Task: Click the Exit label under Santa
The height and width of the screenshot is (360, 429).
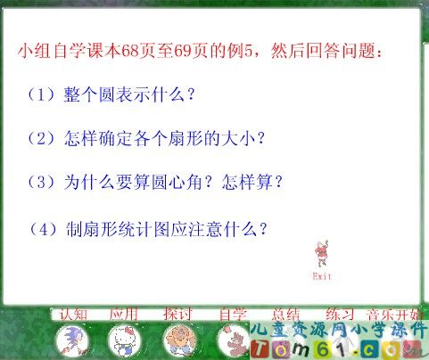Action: [x=322, y=276]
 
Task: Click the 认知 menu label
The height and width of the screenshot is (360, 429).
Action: [x=73, y=314]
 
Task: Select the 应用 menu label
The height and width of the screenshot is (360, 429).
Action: [x=123, y=314]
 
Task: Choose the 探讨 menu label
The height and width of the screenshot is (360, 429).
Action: [x=178, y=314]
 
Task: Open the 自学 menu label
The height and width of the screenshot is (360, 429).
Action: [x=233, y=314]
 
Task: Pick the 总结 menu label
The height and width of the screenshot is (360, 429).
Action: [x=285, y=314]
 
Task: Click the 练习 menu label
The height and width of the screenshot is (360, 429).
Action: [x=340, y=314]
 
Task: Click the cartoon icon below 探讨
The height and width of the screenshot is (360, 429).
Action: [x=178, y=340]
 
